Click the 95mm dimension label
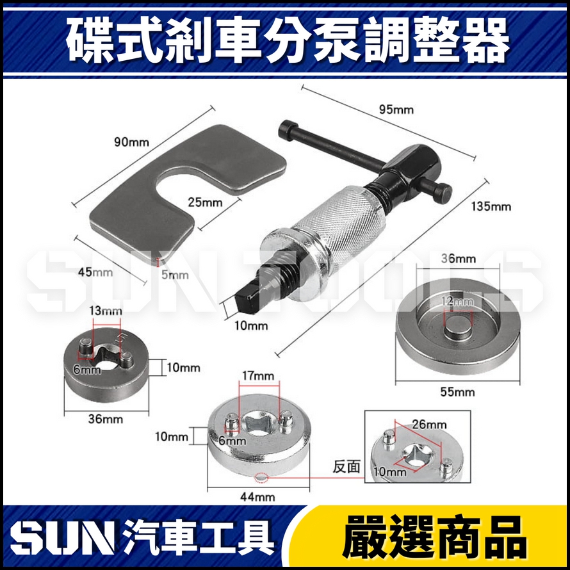pos(397,110)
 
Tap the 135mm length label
pos(491,206)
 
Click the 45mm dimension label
pos(94,272)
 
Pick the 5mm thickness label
pos(175,275)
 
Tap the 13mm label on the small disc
pos(107,311)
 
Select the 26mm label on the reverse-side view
pos(428,424)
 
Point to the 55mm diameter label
pos(458,392)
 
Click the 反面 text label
pos(344,467)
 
